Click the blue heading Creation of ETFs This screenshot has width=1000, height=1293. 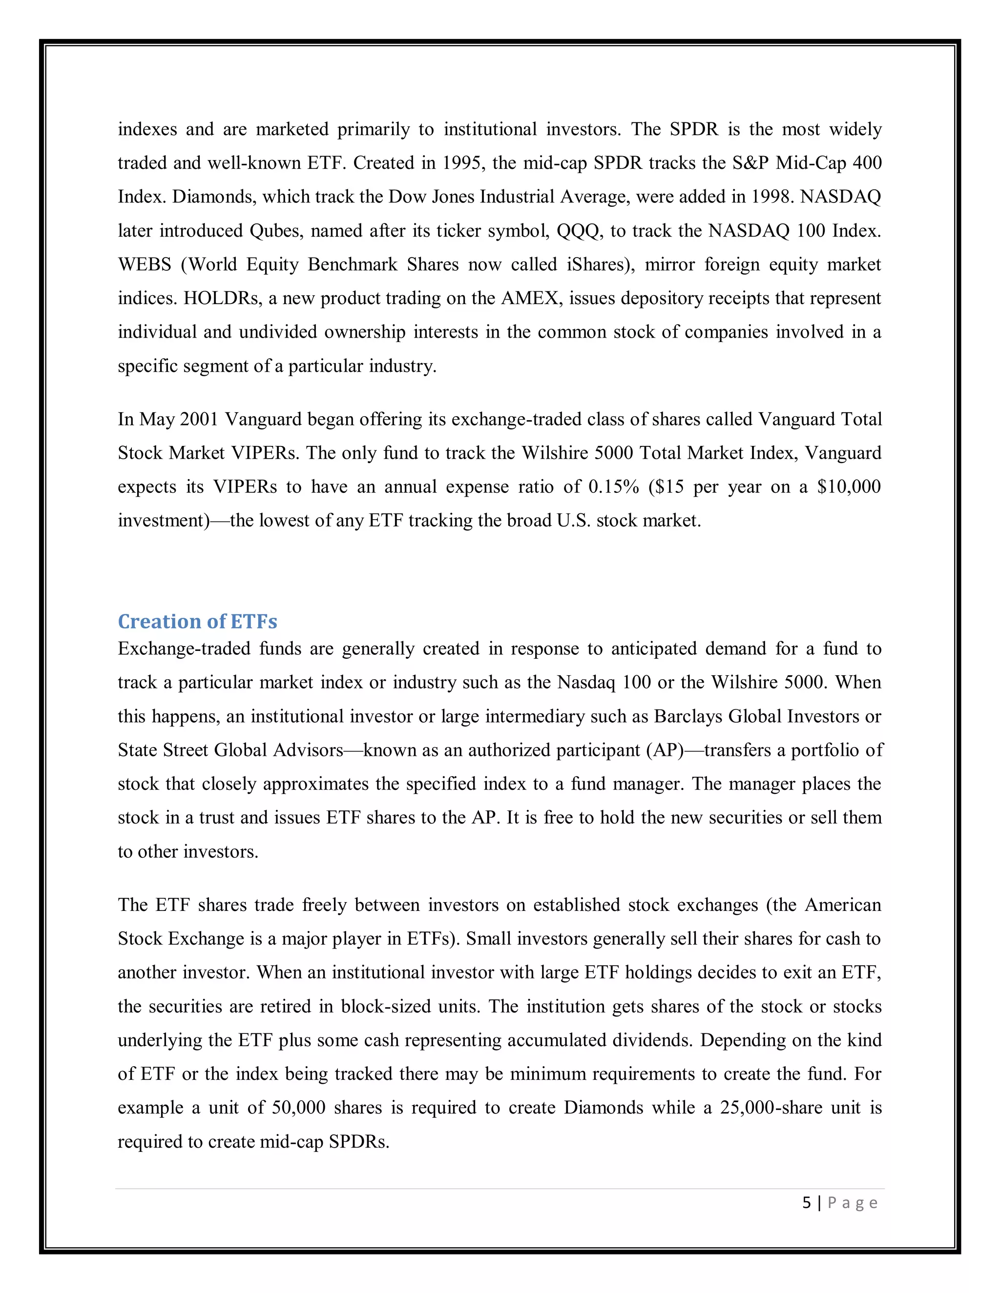197,621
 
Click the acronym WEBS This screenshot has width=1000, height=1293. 145,264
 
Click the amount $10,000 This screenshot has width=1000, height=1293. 848,486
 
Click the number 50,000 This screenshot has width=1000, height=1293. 298,1107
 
